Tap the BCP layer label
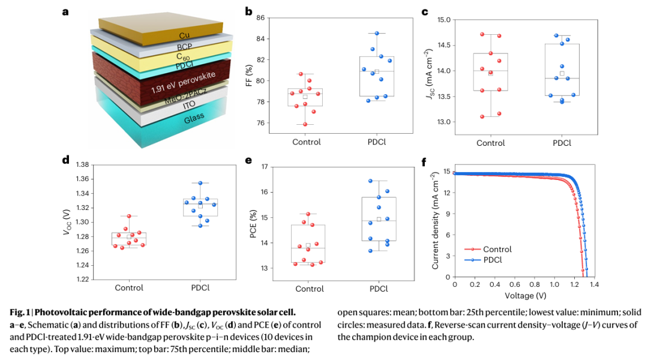coord(184,47)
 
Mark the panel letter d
coord(65,160)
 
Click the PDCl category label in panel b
coord(377,142)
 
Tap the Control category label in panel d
coord(128,287)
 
